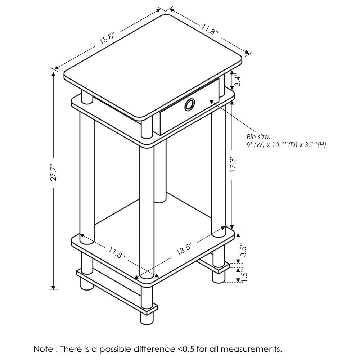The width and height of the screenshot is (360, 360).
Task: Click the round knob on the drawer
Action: click(189, 105)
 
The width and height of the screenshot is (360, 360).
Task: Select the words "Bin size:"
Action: click(258, 137)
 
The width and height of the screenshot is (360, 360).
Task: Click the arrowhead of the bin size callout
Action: click(212, 102)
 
